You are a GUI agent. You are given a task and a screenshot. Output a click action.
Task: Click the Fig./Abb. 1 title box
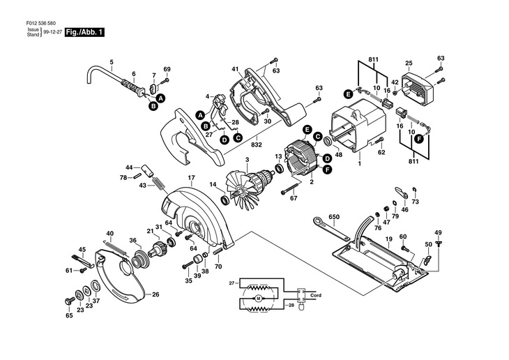pos(84,33)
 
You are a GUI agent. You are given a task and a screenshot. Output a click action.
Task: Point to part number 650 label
pos(334,218)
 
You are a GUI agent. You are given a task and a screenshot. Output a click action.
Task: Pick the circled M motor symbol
pos(258,299)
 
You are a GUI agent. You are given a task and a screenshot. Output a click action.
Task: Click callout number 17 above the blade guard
pos(190,177)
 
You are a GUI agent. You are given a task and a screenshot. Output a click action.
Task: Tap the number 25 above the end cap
pos(409,63)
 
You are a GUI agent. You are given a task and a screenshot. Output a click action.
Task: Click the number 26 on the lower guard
pos(155,294)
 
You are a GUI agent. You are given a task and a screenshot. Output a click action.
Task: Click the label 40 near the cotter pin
pos(109,233)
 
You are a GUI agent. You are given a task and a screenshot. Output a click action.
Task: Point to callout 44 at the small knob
pos(128,168)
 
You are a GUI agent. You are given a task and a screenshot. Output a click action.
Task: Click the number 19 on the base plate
pos(388,239)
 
